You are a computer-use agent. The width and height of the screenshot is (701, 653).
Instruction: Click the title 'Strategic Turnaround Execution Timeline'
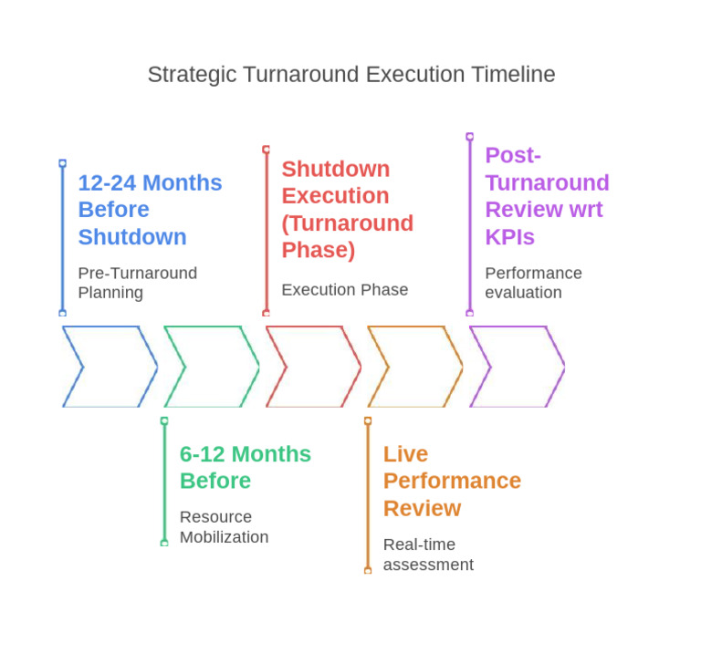[351, 75]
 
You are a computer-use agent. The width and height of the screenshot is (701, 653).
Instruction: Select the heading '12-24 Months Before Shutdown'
[150, 210]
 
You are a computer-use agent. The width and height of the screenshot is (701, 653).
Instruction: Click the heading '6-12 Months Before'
[245, 467]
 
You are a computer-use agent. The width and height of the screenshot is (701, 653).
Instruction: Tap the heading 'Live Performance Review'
[452, 481]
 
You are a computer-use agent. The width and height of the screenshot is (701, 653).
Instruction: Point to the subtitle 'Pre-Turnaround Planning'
[137, 283]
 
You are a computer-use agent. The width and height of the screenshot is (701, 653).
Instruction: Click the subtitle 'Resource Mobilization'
[224, 527]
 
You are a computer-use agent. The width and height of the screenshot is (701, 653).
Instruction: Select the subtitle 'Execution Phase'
[344, 290]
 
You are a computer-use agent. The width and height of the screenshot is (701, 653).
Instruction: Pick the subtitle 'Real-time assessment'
[428, 555]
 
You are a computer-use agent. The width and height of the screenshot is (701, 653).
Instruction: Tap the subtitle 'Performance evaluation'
[533, 283]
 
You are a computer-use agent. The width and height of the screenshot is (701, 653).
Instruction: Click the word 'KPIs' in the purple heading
[509, 237]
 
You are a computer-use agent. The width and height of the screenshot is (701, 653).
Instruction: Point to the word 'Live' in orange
[405, 454]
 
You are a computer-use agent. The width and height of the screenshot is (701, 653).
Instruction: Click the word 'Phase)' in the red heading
[319, 250]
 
